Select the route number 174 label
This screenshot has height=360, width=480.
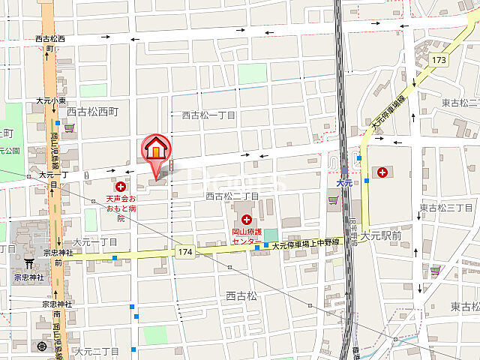pyautogui.click(x=185, y=253)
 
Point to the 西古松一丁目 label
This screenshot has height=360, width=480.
pyautogui.click(x=209, y=115)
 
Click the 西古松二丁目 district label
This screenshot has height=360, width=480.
pyautogui.click(x=232, y=196)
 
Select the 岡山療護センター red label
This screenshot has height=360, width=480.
pyautogui.click(x=246, y=236)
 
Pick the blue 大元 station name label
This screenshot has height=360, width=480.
pyautogui.click(x=344, y=183)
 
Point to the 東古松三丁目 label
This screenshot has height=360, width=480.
pyautogui.click(x=445, y=208)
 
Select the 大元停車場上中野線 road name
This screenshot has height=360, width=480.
pyautogui.click(x=306, y=244)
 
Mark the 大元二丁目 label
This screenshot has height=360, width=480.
pyautogui.click(x=97, y=350)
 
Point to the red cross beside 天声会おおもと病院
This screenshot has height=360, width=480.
pyautogui.click(x=120, y=185)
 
